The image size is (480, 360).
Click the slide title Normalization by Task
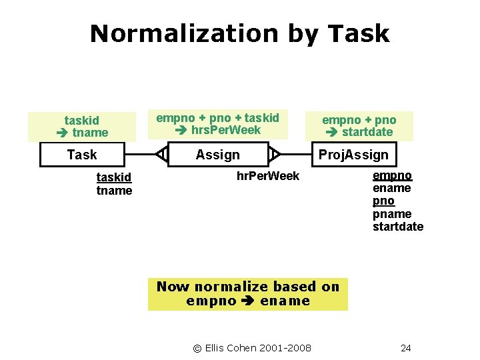[239, 33]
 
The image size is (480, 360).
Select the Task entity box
[82, 155]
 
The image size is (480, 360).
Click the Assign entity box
[217, 155]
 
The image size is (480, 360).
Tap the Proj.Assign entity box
[353, 155]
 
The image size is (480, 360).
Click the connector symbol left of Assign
[161, 155]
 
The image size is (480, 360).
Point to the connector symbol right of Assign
[275, 155]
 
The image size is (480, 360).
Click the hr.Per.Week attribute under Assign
[268, 176]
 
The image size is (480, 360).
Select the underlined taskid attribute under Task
[114, 178]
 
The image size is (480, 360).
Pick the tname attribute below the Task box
[114, 191]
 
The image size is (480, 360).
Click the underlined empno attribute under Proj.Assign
[392, 176]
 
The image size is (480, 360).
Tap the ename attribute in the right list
[392, 189]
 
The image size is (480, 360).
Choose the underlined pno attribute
[383, 201]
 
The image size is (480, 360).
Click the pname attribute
[392, 214]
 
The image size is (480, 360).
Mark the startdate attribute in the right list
[398, 227]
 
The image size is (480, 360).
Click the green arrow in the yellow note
[249, 301]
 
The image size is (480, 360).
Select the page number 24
[406, 347]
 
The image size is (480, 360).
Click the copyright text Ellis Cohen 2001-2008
[252, 347]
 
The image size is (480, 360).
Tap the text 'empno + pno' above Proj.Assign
[359, 120]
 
